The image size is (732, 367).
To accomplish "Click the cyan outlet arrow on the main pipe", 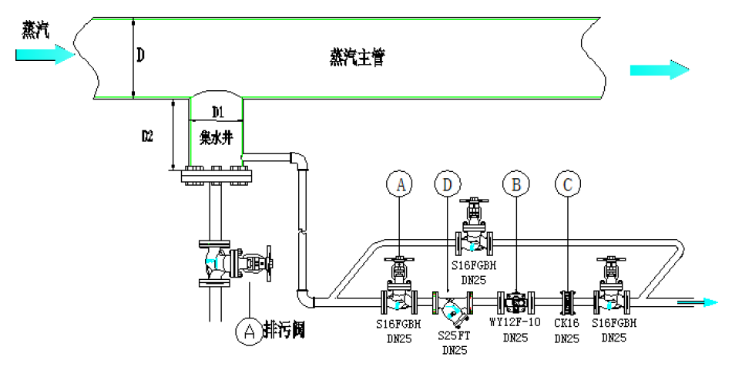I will tap(659, 70).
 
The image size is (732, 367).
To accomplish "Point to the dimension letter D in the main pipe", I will tap(140, 56).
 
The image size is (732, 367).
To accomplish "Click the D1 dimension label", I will tap(217, 113).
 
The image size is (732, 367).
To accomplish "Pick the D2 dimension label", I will tap(147, 136).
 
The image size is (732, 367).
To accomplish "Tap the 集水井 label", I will tap(216, 139).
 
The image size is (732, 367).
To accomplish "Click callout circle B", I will tap(516, 183).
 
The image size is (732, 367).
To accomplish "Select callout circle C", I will tap(568, 183).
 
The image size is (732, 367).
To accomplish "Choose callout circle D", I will tap(447, 183).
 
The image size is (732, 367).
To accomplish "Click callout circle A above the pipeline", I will tap(400, 183).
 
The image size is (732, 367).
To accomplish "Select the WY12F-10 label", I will tap(516, 323).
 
